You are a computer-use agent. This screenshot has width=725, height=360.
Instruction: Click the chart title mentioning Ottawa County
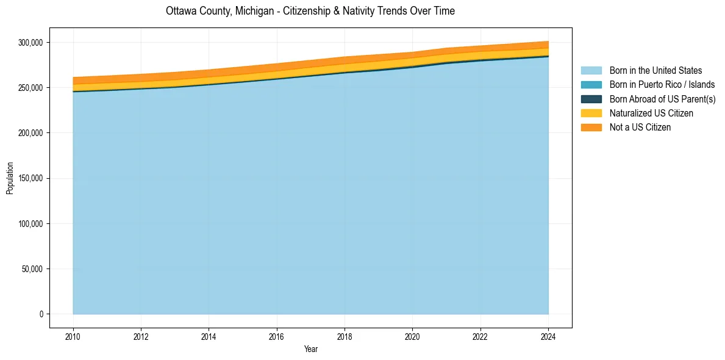click(310, 11)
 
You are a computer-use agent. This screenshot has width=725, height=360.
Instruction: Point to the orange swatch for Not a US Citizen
click(591, 128)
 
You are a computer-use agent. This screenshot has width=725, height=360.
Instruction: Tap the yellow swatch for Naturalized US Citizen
click(591, 113)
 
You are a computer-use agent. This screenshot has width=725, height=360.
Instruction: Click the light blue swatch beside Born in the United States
click(591, 71)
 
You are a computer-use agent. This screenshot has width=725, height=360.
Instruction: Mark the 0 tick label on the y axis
click(41, 314)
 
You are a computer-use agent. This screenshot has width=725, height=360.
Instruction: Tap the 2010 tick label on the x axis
click(73, 337)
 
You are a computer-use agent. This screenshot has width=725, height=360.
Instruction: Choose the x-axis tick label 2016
click(277, 337)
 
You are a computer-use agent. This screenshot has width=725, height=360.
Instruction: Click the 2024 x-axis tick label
click(548, 337)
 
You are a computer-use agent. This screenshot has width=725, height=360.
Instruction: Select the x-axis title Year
click(310, 350)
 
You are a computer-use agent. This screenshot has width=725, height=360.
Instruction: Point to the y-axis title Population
click(10, 178)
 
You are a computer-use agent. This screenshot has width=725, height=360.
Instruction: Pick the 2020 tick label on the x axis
click(412, 337)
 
